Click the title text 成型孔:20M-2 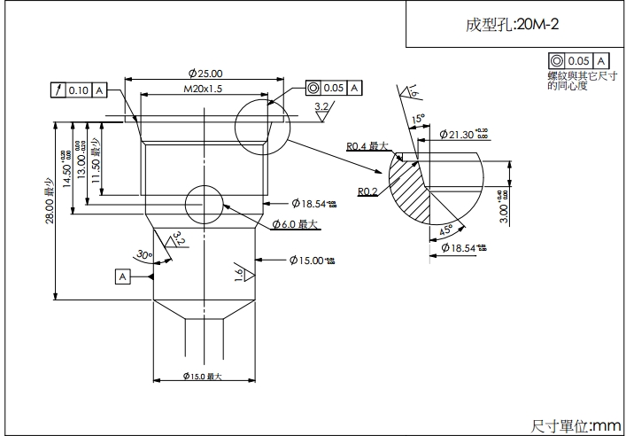pos(513,25)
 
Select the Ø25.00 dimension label pos(205,74)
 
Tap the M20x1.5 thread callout pos(203,90)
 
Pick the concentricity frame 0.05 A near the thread pos(333,88)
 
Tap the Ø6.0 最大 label pos(295,224)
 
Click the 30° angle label pos(143,254)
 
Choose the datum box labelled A pos(122,276)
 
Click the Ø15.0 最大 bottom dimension pos(202,377)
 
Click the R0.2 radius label pos(368,191)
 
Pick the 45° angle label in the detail pos(446,230)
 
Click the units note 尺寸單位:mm pos(576,426)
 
